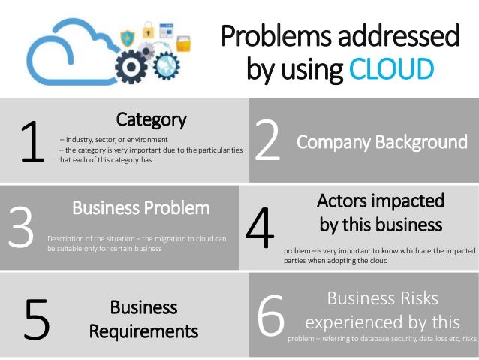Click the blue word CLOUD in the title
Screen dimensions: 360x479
click(x=391, y=70)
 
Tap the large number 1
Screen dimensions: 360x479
click(x=32, y=144)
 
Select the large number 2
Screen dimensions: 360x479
click(x=268, y=142)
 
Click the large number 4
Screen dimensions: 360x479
click(x=261, y=229)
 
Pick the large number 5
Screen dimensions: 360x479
click(x=37, y=319)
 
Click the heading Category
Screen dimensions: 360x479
click(x=151, y=119)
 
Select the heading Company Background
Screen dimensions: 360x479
click(x=381, y=141)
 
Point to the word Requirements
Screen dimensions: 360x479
click(x=143, y=331)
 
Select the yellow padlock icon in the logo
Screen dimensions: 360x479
click(x=148, y=31)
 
